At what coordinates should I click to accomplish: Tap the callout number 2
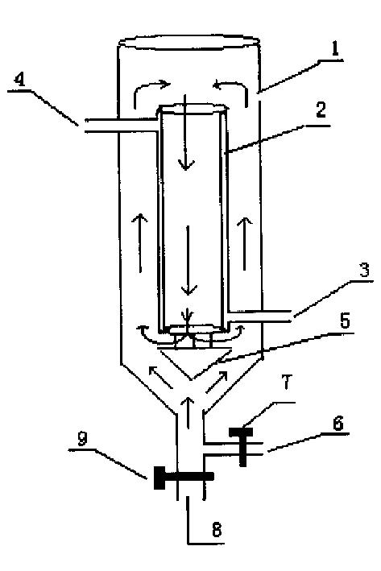(x=320, y=110)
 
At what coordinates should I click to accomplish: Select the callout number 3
(x=364, y=270)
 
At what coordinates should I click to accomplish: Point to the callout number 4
(x=20, y=80)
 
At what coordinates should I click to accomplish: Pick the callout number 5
(x=344, y=321)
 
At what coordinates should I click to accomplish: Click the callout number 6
(x=338, y=424)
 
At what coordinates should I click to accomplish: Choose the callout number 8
(x=217, y=529)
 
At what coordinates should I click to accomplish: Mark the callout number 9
(x=82, y=438)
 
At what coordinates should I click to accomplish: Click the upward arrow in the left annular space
(x=140, y=243)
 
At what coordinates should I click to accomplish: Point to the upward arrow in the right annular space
(x=245, y=243)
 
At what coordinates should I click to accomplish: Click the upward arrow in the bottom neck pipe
(x=188, y=412)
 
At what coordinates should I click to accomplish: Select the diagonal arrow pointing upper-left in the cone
(x=160, y=377)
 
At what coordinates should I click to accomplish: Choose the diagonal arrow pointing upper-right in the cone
(x=217, y=382)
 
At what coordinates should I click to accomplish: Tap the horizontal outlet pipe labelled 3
(x=259, y=317)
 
